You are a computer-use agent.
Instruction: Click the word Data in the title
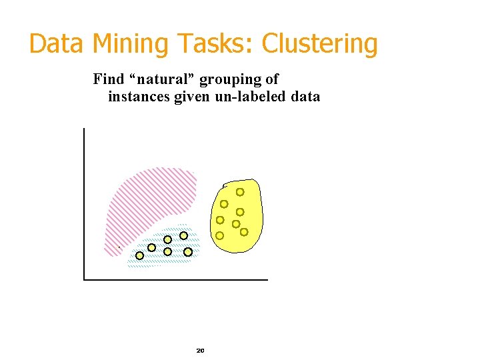pos(56,44)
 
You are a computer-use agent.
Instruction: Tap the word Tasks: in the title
pos(215,44)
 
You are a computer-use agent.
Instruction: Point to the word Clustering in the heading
pos(320,44)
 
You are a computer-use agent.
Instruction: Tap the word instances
pos(139,97)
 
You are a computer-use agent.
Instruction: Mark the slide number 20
pos(200,351)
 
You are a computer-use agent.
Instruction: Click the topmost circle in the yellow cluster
pos(240,192)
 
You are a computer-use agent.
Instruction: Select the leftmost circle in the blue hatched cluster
pos(140,255)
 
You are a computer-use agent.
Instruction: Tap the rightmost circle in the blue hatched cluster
pos(188,252)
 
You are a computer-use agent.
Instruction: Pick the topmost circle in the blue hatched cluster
pos(183,235)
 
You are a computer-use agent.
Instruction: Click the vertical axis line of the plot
pos(85,200)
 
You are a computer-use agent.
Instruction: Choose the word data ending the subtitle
pos(305,97)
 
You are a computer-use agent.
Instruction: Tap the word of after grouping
pos(271,79)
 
